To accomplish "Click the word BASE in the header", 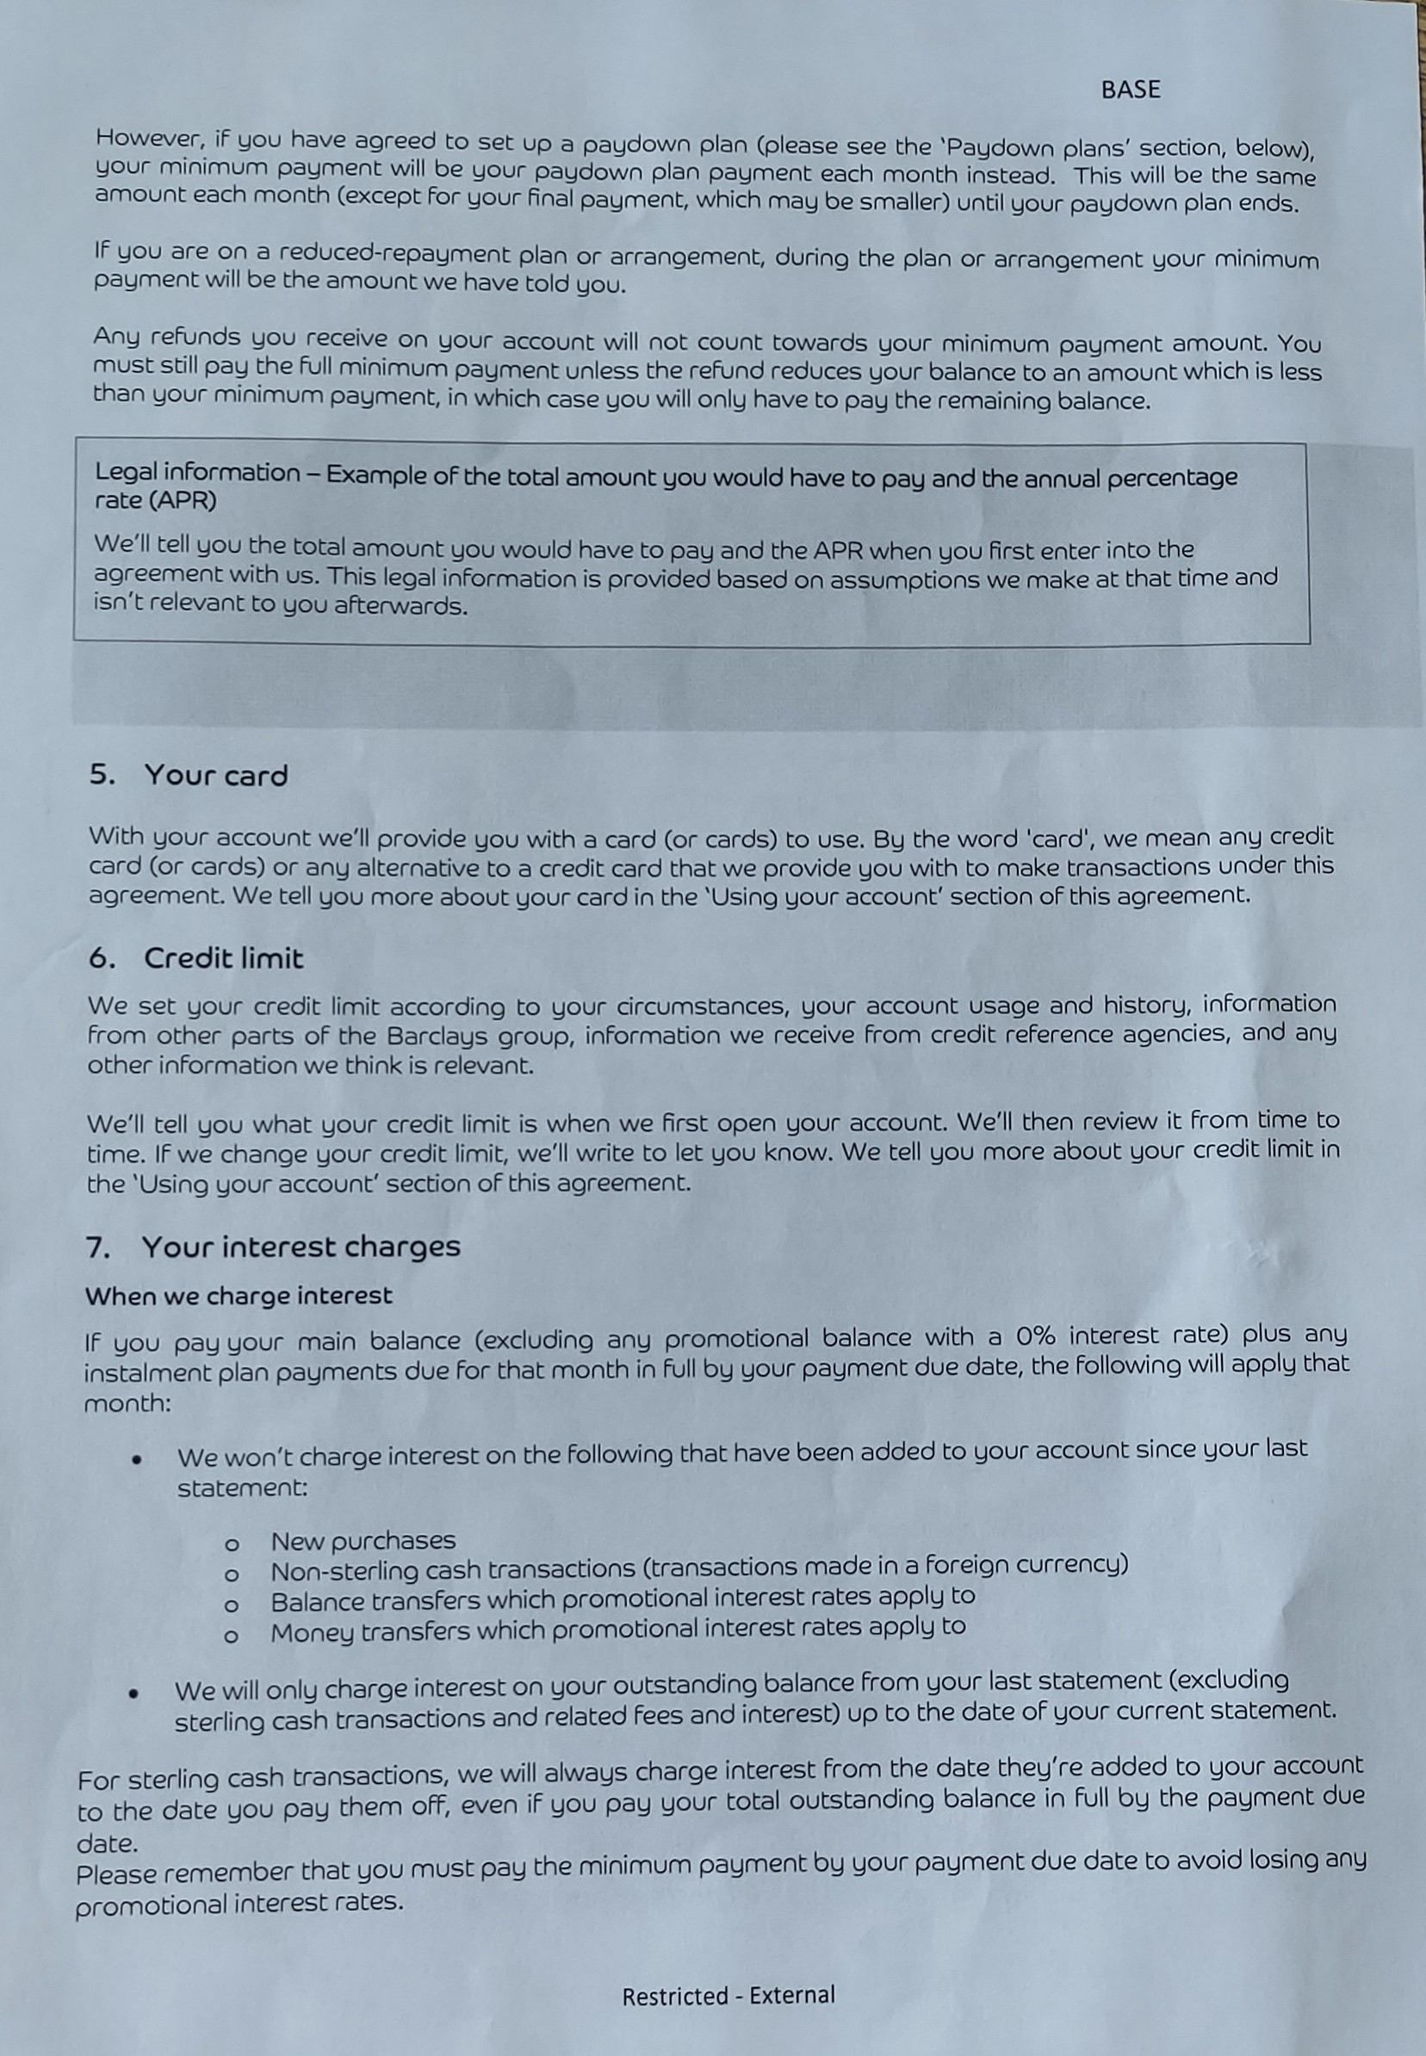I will tap(1131, 90).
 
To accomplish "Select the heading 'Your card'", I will tap(216, 775).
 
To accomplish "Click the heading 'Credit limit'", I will tap(223, 958).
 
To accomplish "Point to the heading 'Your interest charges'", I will tap(301, 1247).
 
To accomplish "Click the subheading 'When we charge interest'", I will tap(239, 1296).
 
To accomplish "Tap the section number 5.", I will tap(101, 775).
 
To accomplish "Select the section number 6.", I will tap(101, 958).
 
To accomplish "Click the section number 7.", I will tap(97, 1248).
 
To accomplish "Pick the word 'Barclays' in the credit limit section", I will tap(437, 1037).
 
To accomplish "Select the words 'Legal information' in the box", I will tap(197, 473).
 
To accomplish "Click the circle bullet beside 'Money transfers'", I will tap(232, 1636).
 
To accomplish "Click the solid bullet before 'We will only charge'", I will tap(134, 1693).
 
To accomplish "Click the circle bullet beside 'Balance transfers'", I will tap(232, 1605).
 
